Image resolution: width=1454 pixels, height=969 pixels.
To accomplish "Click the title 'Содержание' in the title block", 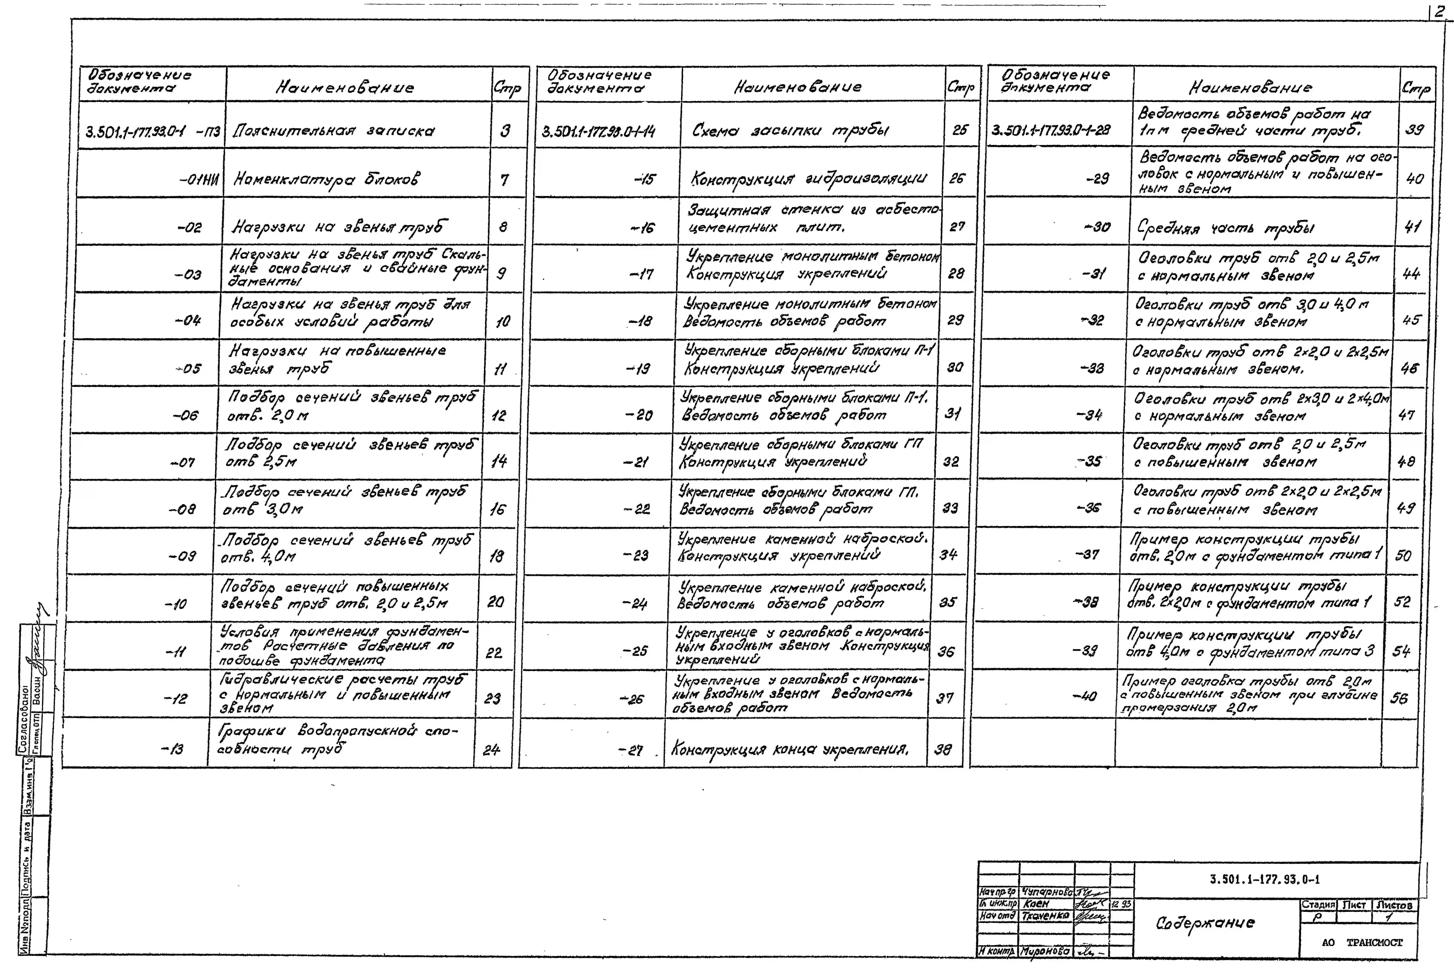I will pyautogui.click(x=1204, y=923).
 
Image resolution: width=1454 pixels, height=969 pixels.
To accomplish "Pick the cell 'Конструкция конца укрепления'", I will pyautogui.click(x=789, y=750).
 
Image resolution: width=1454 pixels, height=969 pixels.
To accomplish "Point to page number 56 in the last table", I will pyautogui.click(x=1399, y=698).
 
